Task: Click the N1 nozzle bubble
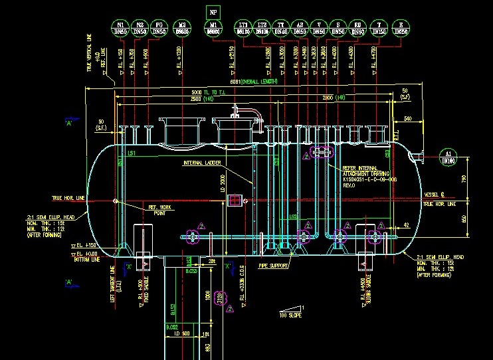tap(120, 28)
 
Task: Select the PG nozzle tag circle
tap(159, 28)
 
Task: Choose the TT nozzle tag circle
tap(281, 28)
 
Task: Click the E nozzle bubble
tap(398, 28)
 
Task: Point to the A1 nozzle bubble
tap(446, 157)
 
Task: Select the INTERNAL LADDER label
tap(203, 163)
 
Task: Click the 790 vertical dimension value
tap(463, 178)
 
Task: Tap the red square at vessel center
tap(234, 200)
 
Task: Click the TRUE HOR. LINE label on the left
tap(68, 198)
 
